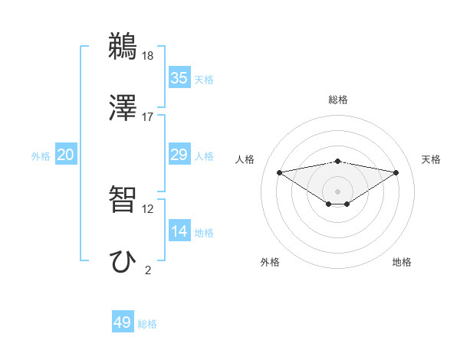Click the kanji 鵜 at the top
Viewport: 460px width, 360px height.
pos(123,47)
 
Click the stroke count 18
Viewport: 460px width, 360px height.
pos(149,56)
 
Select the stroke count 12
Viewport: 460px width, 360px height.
pos(148,208)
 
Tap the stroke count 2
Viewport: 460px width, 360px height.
pos(148,270)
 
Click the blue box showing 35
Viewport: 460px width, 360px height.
pos(179,77)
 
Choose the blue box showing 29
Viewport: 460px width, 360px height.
pos(179,155)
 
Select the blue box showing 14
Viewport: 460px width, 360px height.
pos(179,231)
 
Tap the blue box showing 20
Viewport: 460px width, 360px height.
pos(66,155)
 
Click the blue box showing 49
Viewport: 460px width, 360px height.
pos(123,322)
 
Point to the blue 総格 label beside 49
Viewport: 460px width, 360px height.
pos(148,324)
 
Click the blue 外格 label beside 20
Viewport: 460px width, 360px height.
pos(41,156)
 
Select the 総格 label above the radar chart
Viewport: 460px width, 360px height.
pos(338,100)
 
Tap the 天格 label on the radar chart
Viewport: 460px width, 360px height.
pos(431,159)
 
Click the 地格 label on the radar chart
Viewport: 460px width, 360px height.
pos(402,262)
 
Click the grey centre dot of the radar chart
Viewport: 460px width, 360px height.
pos(338,191)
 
